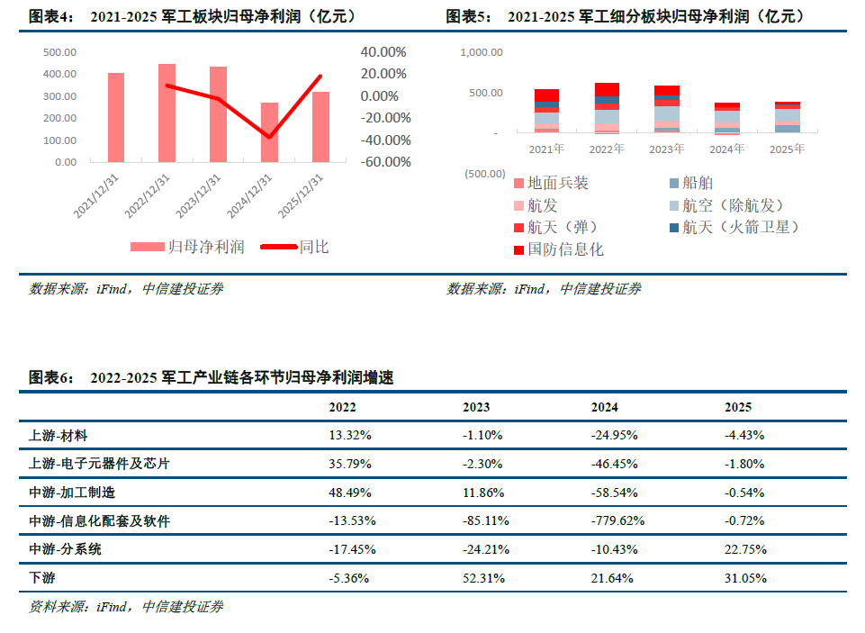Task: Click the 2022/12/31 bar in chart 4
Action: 167,113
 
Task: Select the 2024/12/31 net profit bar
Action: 269,132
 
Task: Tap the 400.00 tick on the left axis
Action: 59,74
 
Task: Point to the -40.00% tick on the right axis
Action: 385,140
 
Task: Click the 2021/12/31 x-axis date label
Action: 96,196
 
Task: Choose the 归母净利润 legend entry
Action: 187,247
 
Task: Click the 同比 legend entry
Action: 294,247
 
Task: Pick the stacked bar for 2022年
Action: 607,108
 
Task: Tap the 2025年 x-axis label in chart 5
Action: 788,149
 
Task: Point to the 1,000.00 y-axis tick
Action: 482,52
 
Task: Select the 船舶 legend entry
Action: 691,183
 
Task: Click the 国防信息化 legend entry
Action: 558,249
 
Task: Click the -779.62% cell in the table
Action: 617,520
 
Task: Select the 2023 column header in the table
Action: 476,407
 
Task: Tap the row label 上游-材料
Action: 58,436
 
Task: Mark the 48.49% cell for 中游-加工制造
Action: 350,493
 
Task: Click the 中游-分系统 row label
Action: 65,549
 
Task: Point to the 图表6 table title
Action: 212,377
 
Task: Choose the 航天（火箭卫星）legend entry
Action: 734,227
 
